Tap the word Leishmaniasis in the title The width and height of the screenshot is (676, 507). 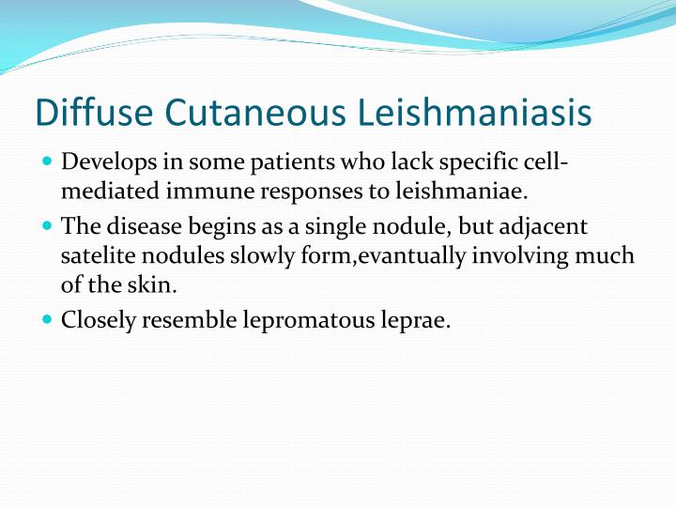coord(476,113)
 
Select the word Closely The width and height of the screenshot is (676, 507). coord(98,320)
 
